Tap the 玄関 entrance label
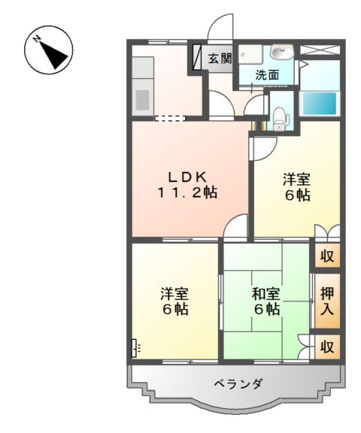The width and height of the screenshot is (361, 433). [220, 59]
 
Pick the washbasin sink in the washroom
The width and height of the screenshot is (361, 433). [281, 52]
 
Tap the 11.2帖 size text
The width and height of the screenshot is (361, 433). [187, 192]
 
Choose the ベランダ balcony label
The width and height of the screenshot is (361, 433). [237, 383]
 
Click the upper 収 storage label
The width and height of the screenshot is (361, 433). [327, 256]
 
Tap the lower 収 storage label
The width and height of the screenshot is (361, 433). [327, 347]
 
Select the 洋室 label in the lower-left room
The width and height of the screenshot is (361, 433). [174, 294]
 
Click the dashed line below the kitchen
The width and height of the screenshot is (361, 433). [170, 118]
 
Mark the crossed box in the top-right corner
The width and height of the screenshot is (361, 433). [321, 51]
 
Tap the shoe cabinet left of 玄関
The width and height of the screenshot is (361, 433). [198, 59]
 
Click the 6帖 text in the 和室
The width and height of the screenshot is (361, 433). [266, 310]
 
